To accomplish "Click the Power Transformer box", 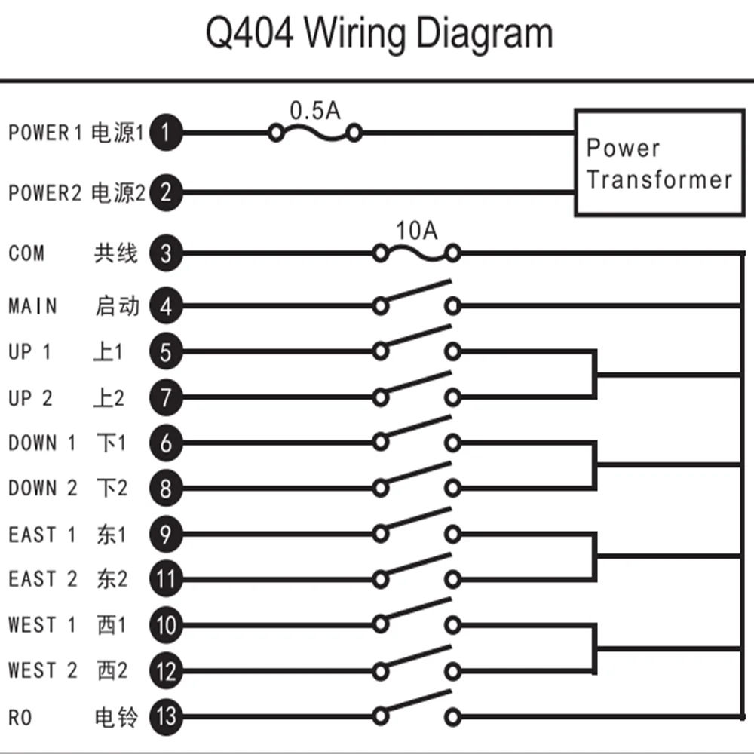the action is pos(660,163).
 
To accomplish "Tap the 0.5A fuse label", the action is pos(315,111).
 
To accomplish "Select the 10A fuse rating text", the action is pos(416,231).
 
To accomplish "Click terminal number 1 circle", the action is pos(166,132).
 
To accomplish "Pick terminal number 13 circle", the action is pos(166,716).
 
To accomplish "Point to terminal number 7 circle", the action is pos(166,397).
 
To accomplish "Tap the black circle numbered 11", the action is pos(166,579).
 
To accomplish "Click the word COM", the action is pos(26,253).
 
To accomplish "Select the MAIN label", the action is pos(32,306).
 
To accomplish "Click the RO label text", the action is pos(20,718).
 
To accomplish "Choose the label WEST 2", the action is pos(43,670).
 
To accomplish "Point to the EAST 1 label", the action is pos(42,535).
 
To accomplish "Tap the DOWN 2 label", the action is pos(43,488).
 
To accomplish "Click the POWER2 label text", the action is pos(45,193).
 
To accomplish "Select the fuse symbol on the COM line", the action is pos(416,253).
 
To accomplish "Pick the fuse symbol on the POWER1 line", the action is pos(315,133).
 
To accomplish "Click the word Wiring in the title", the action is pos(357,35).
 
